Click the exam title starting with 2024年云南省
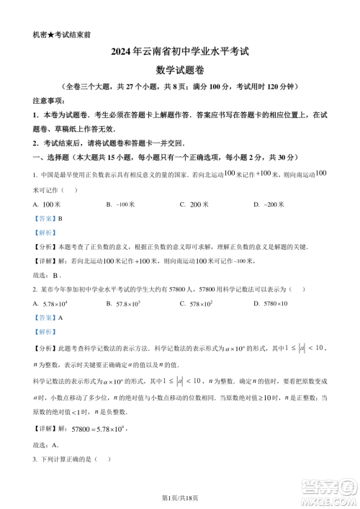click(x=180, y=52)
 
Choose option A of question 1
click(x=49, y=204)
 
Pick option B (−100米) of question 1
click(x=121, y=204)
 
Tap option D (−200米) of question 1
click(x=270, y=204)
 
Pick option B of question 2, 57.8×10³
click(x=127, y=304)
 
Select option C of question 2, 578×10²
click(x=198, y=304)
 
